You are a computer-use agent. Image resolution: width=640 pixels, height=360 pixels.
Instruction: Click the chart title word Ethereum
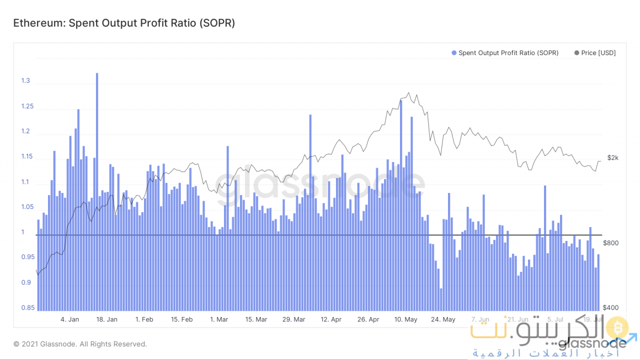click(x=34, y=23)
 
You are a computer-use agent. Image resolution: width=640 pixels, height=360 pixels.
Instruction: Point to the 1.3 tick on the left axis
click(x=25, y=81)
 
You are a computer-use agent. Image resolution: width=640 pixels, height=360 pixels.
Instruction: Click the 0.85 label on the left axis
click(x=28, y=308)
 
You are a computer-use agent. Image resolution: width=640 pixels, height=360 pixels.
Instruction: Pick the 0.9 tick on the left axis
click(x=25, y=282)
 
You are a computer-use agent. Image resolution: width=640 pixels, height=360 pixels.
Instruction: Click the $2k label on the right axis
click(x=613, y=157)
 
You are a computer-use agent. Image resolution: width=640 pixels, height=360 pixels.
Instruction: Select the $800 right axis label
click(x=611, y=243)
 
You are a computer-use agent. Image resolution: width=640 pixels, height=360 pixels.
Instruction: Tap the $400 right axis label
click(x=611, y=308)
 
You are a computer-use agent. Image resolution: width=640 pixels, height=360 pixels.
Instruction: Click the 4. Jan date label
click(x=69, y=319)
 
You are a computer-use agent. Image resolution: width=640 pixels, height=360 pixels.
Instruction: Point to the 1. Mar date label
click(x=219, y=319)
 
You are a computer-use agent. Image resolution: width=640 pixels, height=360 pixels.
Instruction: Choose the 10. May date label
click(x=405, y=319)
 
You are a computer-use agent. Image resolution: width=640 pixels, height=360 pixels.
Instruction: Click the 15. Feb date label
click(x=181, y=319)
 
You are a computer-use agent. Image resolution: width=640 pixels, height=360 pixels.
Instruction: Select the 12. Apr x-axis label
click(x=331, y=319)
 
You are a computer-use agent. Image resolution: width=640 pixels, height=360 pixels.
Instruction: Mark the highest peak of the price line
click(x=409, y=92)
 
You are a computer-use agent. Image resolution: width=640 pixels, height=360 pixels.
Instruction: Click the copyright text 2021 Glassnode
click(x=80, y=344)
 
